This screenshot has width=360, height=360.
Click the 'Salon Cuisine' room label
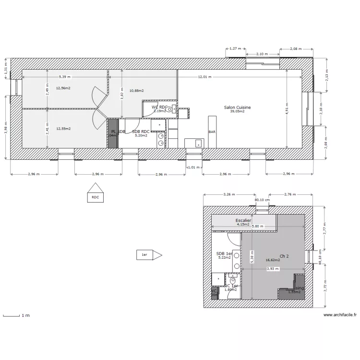tap(237, 108)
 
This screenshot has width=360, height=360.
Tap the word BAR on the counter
tap(212, 132)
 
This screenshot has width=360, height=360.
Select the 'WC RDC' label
tap(159, 107)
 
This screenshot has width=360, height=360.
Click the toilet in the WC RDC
tap(169, 109)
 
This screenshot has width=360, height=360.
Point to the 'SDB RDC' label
tap(142, 132)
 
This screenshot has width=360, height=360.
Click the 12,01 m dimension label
tap(205, 77)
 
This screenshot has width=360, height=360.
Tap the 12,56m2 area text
tap(63, 88)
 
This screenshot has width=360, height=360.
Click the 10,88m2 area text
tap(136, 90)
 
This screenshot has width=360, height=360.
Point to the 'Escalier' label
tap(243, 221)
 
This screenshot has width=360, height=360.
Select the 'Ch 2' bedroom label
tap(284, 256)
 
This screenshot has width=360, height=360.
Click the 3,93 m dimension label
tap(272, 269)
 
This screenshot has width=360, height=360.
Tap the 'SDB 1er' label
tap(224, 253)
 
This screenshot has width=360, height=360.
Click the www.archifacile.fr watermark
tap(340, 315)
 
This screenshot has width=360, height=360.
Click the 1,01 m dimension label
tap(193, 168)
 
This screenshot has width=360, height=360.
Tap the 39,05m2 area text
tap(237, 111)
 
